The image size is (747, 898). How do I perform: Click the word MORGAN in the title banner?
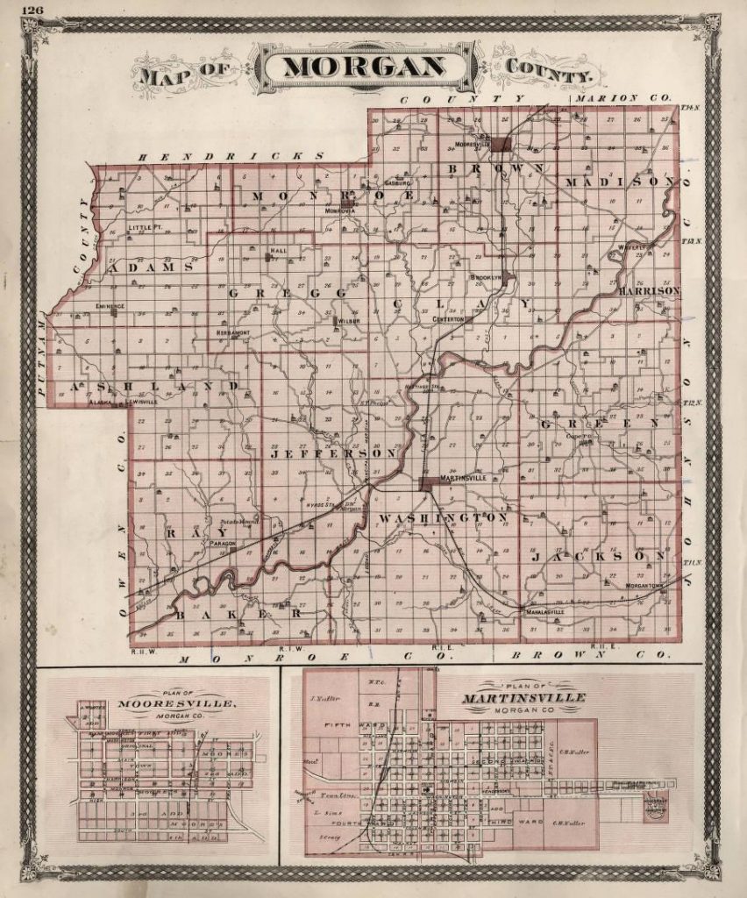click(362, 68)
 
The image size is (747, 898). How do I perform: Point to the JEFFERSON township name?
click(333, 454)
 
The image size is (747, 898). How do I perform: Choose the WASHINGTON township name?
click(443, 518)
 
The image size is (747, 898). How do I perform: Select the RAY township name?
click(196, 532)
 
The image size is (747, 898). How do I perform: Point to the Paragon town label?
click(224, 544)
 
